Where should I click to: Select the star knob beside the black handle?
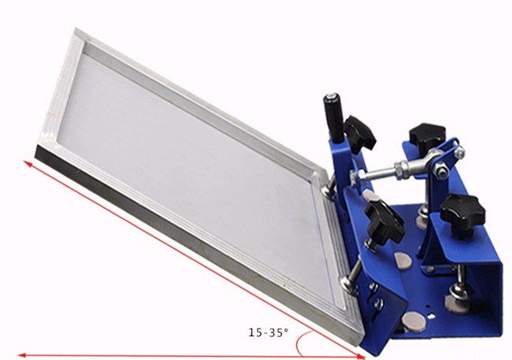[x=359, y=132]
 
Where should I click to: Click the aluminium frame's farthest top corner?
[x=76, y=32]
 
